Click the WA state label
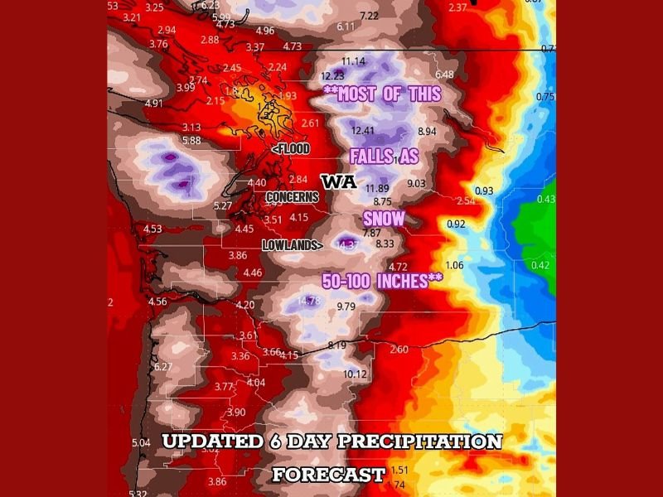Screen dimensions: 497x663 339,181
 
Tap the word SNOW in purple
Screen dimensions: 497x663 385,219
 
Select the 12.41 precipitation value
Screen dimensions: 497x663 363,131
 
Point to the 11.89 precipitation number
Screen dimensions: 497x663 377,189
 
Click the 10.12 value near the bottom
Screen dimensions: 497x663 355,374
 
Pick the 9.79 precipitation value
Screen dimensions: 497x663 346,306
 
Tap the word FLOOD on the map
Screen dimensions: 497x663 291,149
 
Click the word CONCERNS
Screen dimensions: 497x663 292,197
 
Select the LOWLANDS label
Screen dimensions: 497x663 293,245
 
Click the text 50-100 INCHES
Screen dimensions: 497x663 382,280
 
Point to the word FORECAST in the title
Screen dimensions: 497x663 329,475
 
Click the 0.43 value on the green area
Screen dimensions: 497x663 546,200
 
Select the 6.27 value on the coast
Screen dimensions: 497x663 163,366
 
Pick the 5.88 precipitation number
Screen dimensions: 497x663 191,141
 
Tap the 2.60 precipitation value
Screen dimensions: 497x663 399,350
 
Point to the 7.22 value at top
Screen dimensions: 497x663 370,16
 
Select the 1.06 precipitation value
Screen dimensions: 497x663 454,265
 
